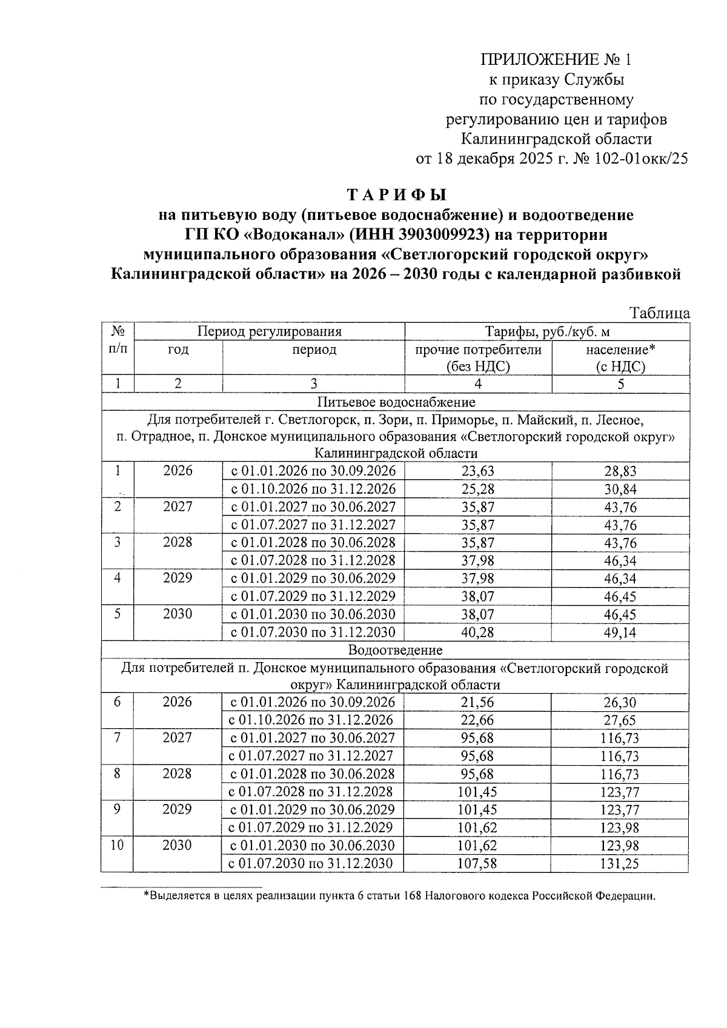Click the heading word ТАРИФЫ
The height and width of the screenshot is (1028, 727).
(x=396, y=195)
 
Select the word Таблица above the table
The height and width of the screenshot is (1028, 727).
(x=659, y=313)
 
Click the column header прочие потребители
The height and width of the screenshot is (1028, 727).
(x=478, y=350)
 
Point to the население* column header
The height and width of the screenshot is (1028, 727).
(x=620, y=350)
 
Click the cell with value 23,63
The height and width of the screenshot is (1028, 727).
(x=478, y=471)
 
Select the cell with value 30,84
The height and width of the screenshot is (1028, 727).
(x=620, y=489)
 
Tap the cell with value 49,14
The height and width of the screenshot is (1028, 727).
(x=620, y=632)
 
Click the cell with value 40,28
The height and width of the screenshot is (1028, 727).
(x=478, y=632)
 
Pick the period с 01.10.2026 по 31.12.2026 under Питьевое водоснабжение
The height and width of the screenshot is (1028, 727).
(x=313, y=489)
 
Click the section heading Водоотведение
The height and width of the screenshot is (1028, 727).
(x=395, y=650)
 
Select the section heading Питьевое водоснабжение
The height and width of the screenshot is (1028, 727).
(x=396, y=402)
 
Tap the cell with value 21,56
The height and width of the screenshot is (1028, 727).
(x=478, y=702)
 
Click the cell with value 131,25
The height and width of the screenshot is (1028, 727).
(x=620, y=864)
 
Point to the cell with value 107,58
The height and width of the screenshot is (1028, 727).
(x=478, y=863)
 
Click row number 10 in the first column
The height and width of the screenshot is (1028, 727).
(x=117, y=845)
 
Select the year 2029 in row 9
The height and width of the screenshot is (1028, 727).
(x=177, y=809)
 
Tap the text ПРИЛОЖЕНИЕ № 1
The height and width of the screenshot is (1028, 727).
(x=556, y=59)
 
